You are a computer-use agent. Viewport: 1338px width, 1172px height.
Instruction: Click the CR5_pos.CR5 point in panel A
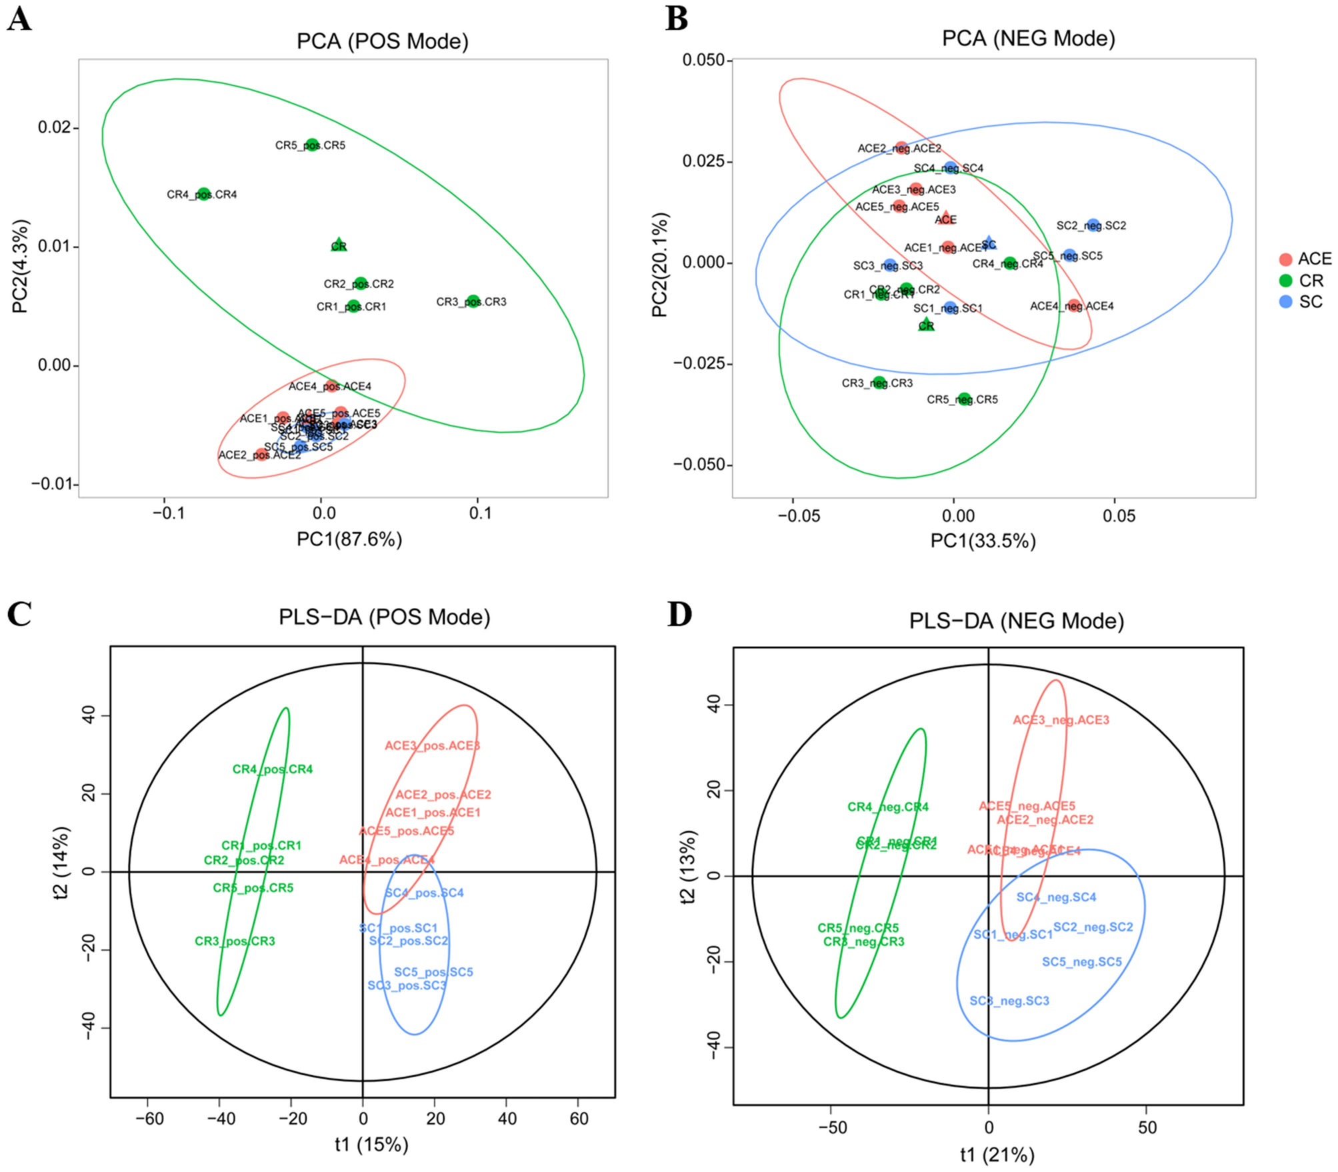click(x=312, y=145)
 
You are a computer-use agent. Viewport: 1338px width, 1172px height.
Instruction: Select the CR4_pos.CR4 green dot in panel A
click(x=204, y=194)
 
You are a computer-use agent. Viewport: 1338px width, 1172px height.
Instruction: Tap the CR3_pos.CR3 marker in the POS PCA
click(x=473, y=301)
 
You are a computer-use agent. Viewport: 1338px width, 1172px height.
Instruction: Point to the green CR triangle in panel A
click(x=339, y=245)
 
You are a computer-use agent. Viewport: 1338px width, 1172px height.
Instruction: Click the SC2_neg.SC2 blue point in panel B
click(x=1093, y=225)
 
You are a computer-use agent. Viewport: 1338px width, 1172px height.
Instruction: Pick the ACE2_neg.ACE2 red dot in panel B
click(x=901, y=148)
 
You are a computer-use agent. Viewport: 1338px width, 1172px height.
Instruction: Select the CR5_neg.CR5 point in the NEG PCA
click(x=964, y=399)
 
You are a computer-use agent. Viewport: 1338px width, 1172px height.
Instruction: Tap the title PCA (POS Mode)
click(x=382, y=41)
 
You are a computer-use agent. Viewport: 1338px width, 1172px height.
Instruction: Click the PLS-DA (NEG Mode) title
click(x=1016, y=621)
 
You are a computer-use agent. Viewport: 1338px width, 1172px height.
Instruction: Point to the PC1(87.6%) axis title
click(x=349, y=539)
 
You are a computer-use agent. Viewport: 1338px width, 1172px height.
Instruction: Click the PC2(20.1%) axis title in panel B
click(x=659, y=265)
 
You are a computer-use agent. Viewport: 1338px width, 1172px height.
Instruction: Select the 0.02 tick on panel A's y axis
click(x=55, y=127)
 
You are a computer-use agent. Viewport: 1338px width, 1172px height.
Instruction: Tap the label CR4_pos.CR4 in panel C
click(x=272, y=769)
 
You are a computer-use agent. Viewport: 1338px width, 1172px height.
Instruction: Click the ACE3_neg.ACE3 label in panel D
click(x=1061, y=720)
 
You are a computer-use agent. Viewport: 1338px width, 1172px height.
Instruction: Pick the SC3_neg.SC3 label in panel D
click(x=1009, y=1001)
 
